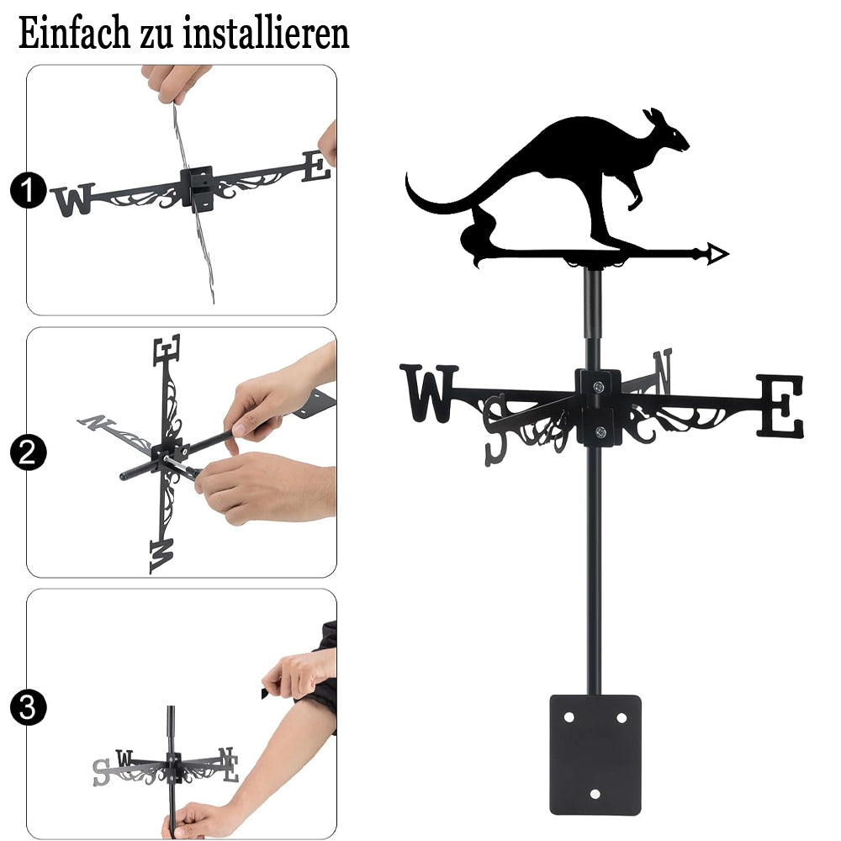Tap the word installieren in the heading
[266, 33]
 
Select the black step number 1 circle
[28, 190]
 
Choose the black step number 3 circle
[28, 707]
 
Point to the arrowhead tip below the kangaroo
[728, 254]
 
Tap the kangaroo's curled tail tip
[408, 177]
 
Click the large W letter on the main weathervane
[429, 393]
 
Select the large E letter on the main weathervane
[780, 405]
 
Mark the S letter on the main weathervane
[496, 429]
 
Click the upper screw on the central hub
[599, 386]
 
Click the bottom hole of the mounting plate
[595, 794]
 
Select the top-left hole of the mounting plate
[569, 717]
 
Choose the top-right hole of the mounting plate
[621, 717]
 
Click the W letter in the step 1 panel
[73, 200]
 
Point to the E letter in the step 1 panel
[316, 166]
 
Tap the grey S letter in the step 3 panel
[101, 772]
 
